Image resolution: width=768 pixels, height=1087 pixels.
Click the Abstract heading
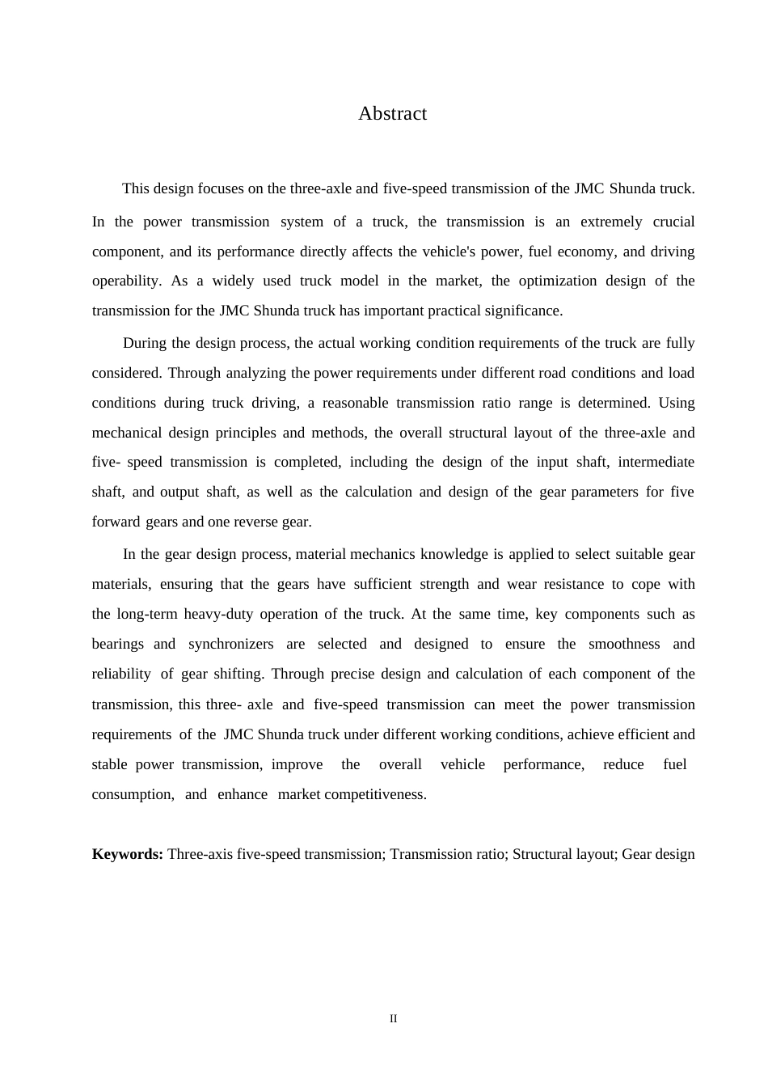[x=392, y=114]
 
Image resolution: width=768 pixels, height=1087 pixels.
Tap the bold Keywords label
[x=128, y=855]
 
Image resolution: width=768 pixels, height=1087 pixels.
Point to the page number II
[x=394, y=1019]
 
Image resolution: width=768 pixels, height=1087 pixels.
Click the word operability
[x=126, y=281]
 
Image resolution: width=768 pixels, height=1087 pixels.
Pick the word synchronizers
[x=230, y=645]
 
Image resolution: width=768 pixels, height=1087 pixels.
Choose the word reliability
[x=121, y=675]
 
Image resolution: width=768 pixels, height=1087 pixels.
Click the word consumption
[x=133, y=795]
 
